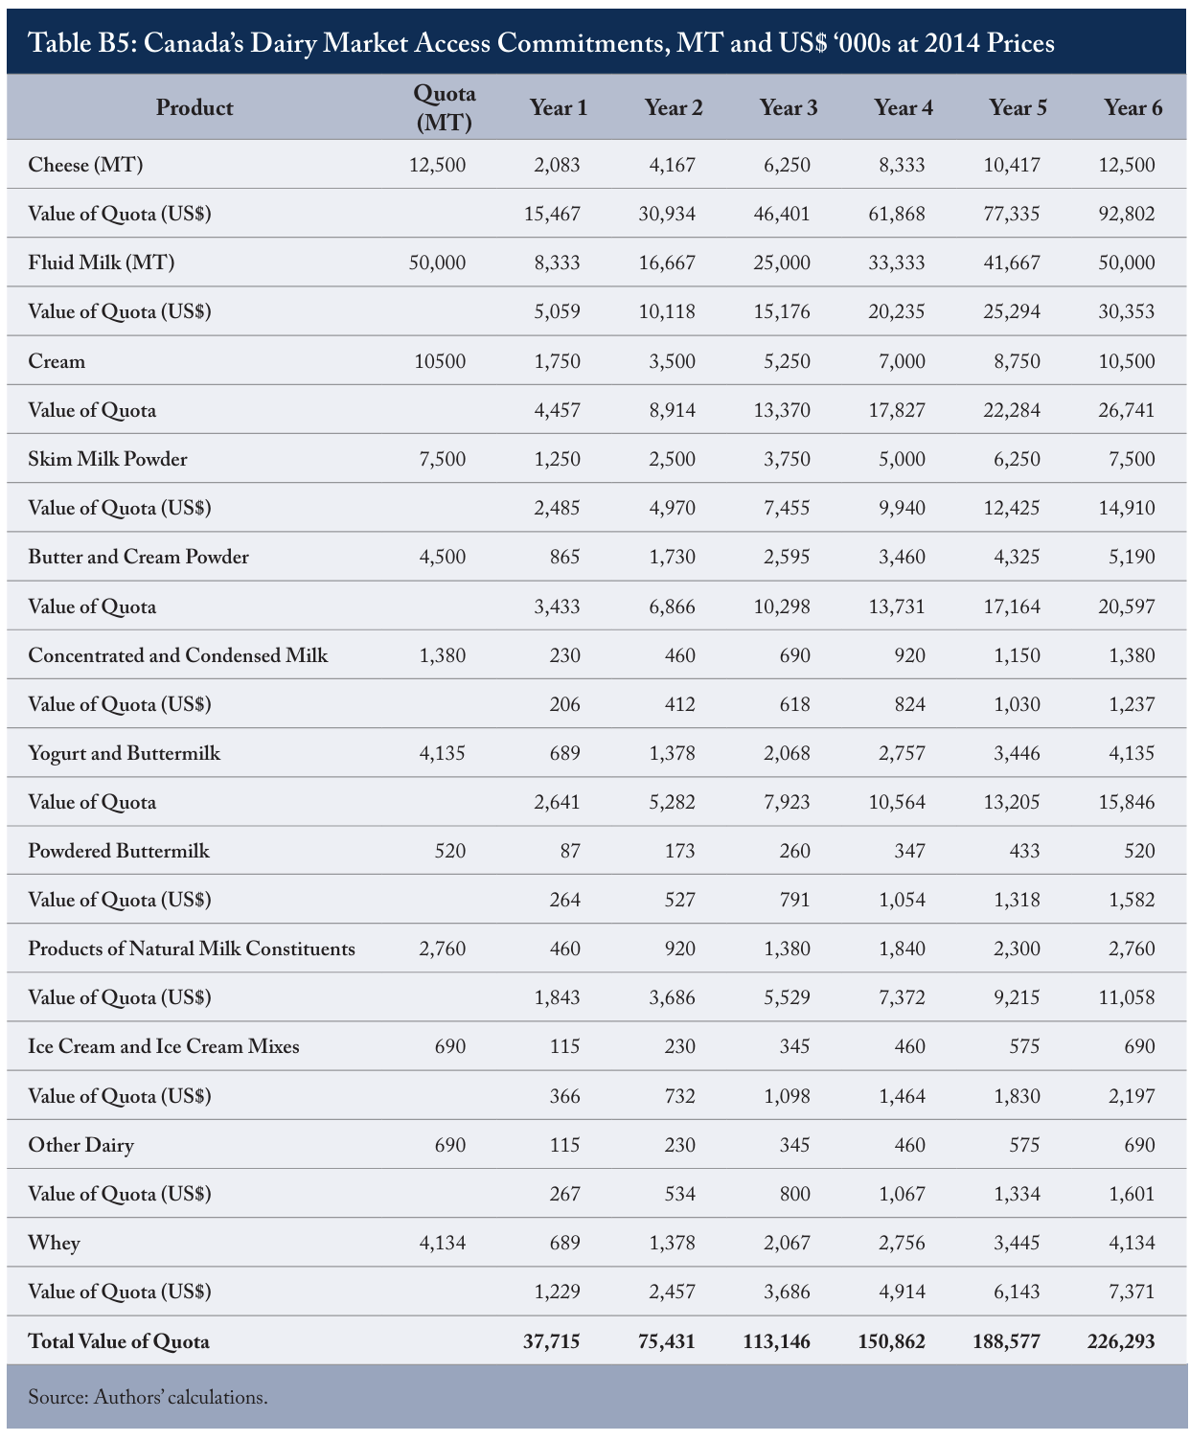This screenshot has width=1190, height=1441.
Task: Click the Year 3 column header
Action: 788,107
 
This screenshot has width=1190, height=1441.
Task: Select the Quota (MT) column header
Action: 444,107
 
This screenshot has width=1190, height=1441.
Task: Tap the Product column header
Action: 195,107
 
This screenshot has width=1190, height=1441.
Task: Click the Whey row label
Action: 54,1243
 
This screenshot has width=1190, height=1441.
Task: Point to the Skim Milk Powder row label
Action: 107,459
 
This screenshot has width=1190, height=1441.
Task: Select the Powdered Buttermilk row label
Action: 118,850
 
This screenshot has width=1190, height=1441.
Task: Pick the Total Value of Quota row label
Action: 118,1341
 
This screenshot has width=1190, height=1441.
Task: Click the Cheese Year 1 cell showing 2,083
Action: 557,165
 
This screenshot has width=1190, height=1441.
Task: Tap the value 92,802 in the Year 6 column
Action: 1127,214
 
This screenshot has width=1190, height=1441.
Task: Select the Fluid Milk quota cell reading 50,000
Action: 437,263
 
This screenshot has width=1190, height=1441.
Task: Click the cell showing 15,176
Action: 782,312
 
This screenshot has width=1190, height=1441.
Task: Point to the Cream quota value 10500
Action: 440,361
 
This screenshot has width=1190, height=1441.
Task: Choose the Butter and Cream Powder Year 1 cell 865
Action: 564,557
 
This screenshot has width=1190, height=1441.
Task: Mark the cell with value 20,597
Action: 1127,606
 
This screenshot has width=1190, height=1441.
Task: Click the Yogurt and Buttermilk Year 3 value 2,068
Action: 787,753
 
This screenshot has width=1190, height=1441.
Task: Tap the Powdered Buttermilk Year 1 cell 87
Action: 570,850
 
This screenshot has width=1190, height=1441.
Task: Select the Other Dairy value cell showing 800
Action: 794,1194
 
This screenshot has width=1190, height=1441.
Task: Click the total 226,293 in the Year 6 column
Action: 1121,1341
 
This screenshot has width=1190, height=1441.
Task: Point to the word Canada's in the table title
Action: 192,43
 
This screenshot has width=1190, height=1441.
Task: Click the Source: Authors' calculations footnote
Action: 148,1397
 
